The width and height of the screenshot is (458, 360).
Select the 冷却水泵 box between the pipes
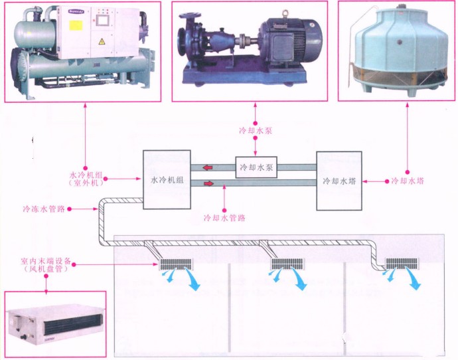(256, 167)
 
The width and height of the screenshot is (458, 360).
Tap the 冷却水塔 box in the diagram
(340, 180)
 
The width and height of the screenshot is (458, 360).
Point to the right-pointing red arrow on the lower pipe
(210, 183)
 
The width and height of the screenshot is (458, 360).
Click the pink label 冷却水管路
(224, 218)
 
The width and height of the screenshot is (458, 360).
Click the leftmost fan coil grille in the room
(175, 264)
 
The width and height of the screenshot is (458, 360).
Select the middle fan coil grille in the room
(286, 264)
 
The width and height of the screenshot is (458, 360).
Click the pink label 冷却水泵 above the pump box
(256, 130)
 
